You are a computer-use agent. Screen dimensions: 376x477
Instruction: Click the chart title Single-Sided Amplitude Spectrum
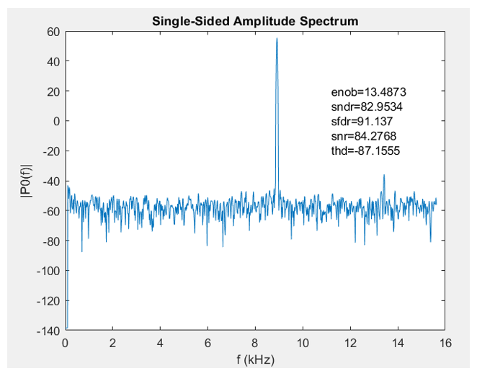pos(254,21)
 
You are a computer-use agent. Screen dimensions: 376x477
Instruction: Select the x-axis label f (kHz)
pos(254,359)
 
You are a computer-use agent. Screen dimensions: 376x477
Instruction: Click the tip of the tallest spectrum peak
pos(277,38)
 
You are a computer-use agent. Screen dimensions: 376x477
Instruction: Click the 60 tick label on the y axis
pos(52,31)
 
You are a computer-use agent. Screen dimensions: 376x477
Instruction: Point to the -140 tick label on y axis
pos(48,330)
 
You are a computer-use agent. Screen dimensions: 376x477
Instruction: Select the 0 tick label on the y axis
pos(55,121)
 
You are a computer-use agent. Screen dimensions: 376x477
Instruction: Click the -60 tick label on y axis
pos(50,210)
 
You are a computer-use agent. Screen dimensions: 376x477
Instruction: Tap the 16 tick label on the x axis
pos(445,343)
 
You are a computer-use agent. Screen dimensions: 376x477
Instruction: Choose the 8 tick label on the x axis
pos(255,343)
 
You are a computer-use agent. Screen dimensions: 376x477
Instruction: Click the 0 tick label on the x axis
pos(66,343)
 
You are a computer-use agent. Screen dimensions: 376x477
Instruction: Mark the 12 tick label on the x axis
pos(350,343)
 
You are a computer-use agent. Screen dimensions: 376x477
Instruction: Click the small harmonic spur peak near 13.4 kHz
pos(384,175)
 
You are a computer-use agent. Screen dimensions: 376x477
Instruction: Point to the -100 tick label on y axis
pos(48,270)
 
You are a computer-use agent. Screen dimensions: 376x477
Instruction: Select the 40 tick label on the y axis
pos(52,61)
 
